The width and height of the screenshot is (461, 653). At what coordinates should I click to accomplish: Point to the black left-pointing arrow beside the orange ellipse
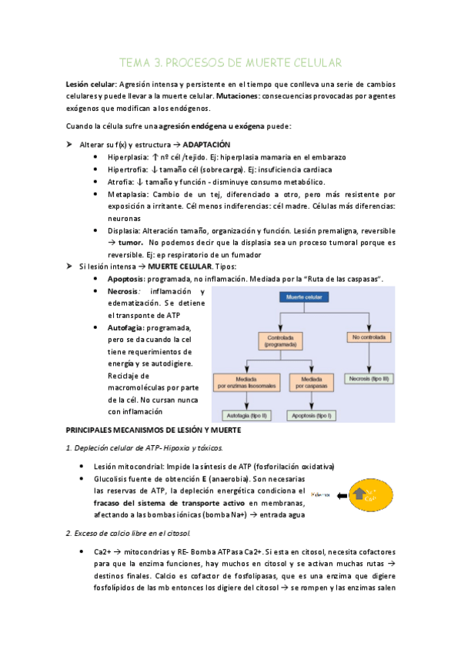tap(342, 495)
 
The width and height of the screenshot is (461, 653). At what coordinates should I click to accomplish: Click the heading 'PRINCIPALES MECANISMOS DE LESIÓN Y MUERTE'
tap(154, 430)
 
